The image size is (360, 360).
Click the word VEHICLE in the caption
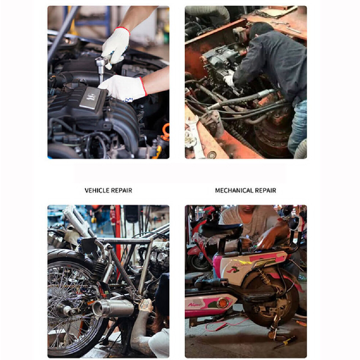(x=97, y=190)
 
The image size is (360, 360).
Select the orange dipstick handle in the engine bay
(x=166, y=131)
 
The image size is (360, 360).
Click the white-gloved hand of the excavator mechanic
(x=229, y=81)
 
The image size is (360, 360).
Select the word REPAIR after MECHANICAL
(x=265, y=190)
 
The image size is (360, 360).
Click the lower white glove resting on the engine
(x=123, y=88)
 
